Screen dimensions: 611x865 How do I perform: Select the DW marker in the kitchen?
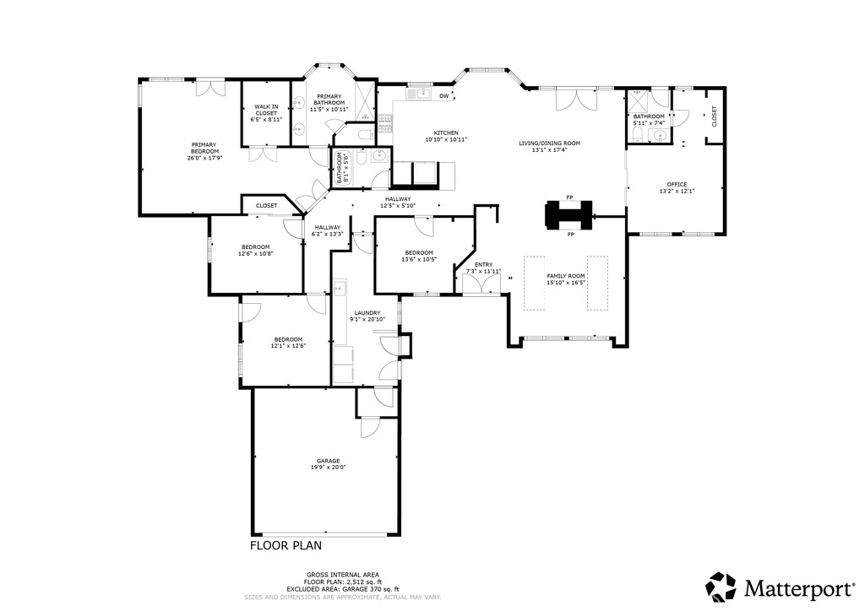pyautogui.click(x=443, y=96)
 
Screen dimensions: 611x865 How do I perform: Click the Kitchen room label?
pyautogui.click(x=446, y=133)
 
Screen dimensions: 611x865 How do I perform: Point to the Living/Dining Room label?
pyautogui.click(x=549, y=143)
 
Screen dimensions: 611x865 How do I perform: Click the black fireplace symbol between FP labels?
pyautogui.click(x=569, y=215)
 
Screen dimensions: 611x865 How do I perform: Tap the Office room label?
pyautogui.click(x=677, y=184)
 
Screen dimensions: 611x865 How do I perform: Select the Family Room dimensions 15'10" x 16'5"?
pyautogui.click(x=566, y=283)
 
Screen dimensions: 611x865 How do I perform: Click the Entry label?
pyautogui.click(x=483, y=265)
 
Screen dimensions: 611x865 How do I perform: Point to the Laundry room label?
pyautogui.click(x=367, y=312)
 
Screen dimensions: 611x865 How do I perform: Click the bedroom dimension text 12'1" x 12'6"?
pyautogui.click(x=288, y=345)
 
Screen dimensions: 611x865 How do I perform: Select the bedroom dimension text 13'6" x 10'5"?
pyautogui.click(x=419, y=259)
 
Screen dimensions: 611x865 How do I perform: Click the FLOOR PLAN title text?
pyautogui.click(x=286, y=545)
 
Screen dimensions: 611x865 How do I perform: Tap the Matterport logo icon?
pyautogui.click(x=721, y=586)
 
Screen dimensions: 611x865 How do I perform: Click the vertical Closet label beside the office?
pyautogui.click(x=714, y=116)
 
